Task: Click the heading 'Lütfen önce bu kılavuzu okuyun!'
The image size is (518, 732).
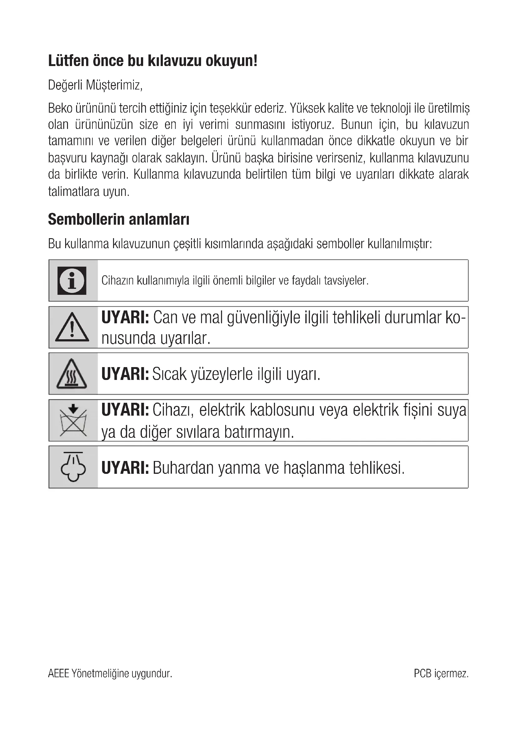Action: tap(153, 61)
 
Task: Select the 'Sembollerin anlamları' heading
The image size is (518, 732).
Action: tap(119, 219)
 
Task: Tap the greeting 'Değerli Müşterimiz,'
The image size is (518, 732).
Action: tap(95, 85)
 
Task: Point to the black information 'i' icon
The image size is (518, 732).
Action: tap(72, 280)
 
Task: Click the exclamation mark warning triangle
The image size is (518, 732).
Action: tap(72, 328)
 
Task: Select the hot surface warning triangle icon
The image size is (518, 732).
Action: tap(72, 374)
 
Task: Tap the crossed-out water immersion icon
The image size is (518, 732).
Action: tap(73, 421)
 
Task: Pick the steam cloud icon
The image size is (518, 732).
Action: tap(73, 467)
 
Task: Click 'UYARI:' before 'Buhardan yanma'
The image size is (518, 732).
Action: tap(125, 468)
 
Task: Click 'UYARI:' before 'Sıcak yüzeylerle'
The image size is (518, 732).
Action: tap(125, 374)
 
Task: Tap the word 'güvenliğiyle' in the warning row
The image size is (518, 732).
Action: tap(264, 318)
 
